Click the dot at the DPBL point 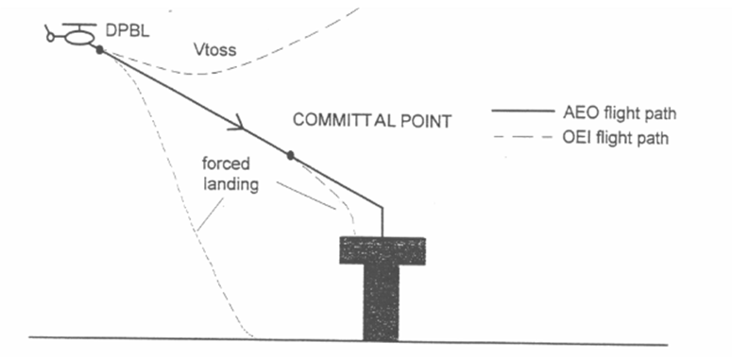point(99,49)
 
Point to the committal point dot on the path point(291,154)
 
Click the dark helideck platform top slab point(383,249)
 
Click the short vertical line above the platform point(383,222)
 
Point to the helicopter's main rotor point(77,26)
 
